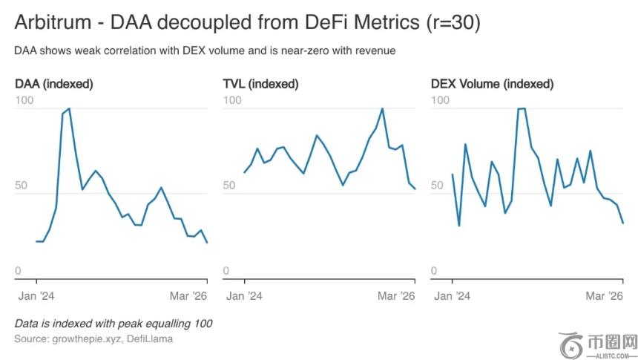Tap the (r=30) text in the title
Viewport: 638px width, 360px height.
pos(453,23)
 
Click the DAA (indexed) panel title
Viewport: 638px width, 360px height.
pos(54,84)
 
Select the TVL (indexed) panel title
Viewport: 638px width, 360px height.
pos(260,84)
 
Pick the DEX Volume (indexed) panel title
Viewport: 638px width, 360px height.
pos(492,84)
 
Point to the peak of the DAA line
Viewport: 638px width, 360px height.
pos(70,108)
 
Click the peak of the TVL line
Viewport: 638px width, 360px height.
pos(382,108)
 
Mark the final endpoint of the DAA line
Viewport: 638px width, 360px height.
pos(207,243)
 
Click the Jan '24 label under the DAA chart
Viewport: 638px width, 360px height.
pos(35,295)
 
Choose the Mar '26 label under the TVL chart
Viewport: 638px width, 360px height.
pos(396,295)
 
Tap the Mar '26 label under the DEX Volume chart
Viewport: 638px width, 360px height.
pos(604,295)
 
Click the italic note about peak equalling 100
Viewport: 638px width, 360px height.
pos(113,324)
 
